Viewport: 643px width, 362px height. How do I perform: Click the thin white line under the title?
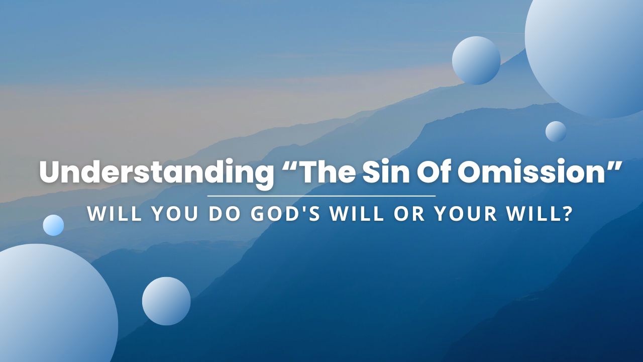pyautogui.click(x=321, y=196)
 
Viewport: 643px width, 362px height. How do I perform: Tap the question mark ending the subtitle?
pyautogui.click(x=567, y=214)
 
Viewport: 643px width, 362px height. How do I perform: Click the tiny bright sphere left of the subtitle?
pyautogui.click(x=53, y=225)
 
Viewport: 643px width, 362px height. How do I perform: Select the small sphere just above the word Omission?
pyautogui.click(x=556, y=132)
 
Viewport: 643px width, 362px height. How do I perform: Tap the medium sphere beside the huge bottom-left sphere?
pyautogui.click(x=166, y=301)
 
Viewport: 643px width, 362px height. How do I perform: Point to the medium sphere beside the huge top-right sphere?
pyautogui.click(x=476, y=60)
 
